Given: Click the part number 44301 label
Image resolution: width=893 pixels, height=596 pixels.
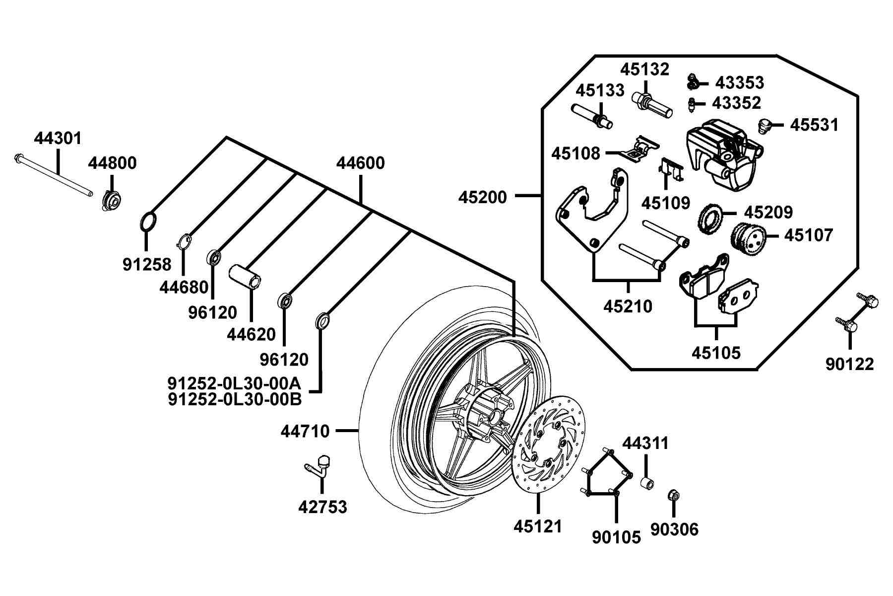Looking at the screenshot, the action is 58,138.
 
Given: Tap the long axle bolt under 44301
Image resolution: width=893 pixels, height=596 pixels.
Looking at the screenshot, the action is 54,175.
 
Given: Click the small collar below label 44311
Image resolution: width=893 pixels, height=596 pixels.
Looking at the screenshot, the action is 647,483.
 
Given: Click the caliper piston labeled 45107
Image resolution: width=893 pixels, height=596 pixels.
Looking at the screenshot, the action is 749,238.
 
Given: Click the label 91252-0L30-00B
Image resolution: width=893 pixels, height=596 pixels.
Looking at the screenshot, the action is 235,399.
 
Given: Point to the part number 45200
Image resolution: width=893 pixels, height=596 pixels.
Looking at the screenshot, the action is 483,197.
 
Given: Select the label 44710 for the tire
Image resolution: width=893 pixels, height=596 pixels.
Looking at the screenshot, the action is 305,431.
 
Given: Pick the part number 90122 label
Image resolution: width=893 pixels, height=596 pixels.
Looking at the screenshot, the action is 850,364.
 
